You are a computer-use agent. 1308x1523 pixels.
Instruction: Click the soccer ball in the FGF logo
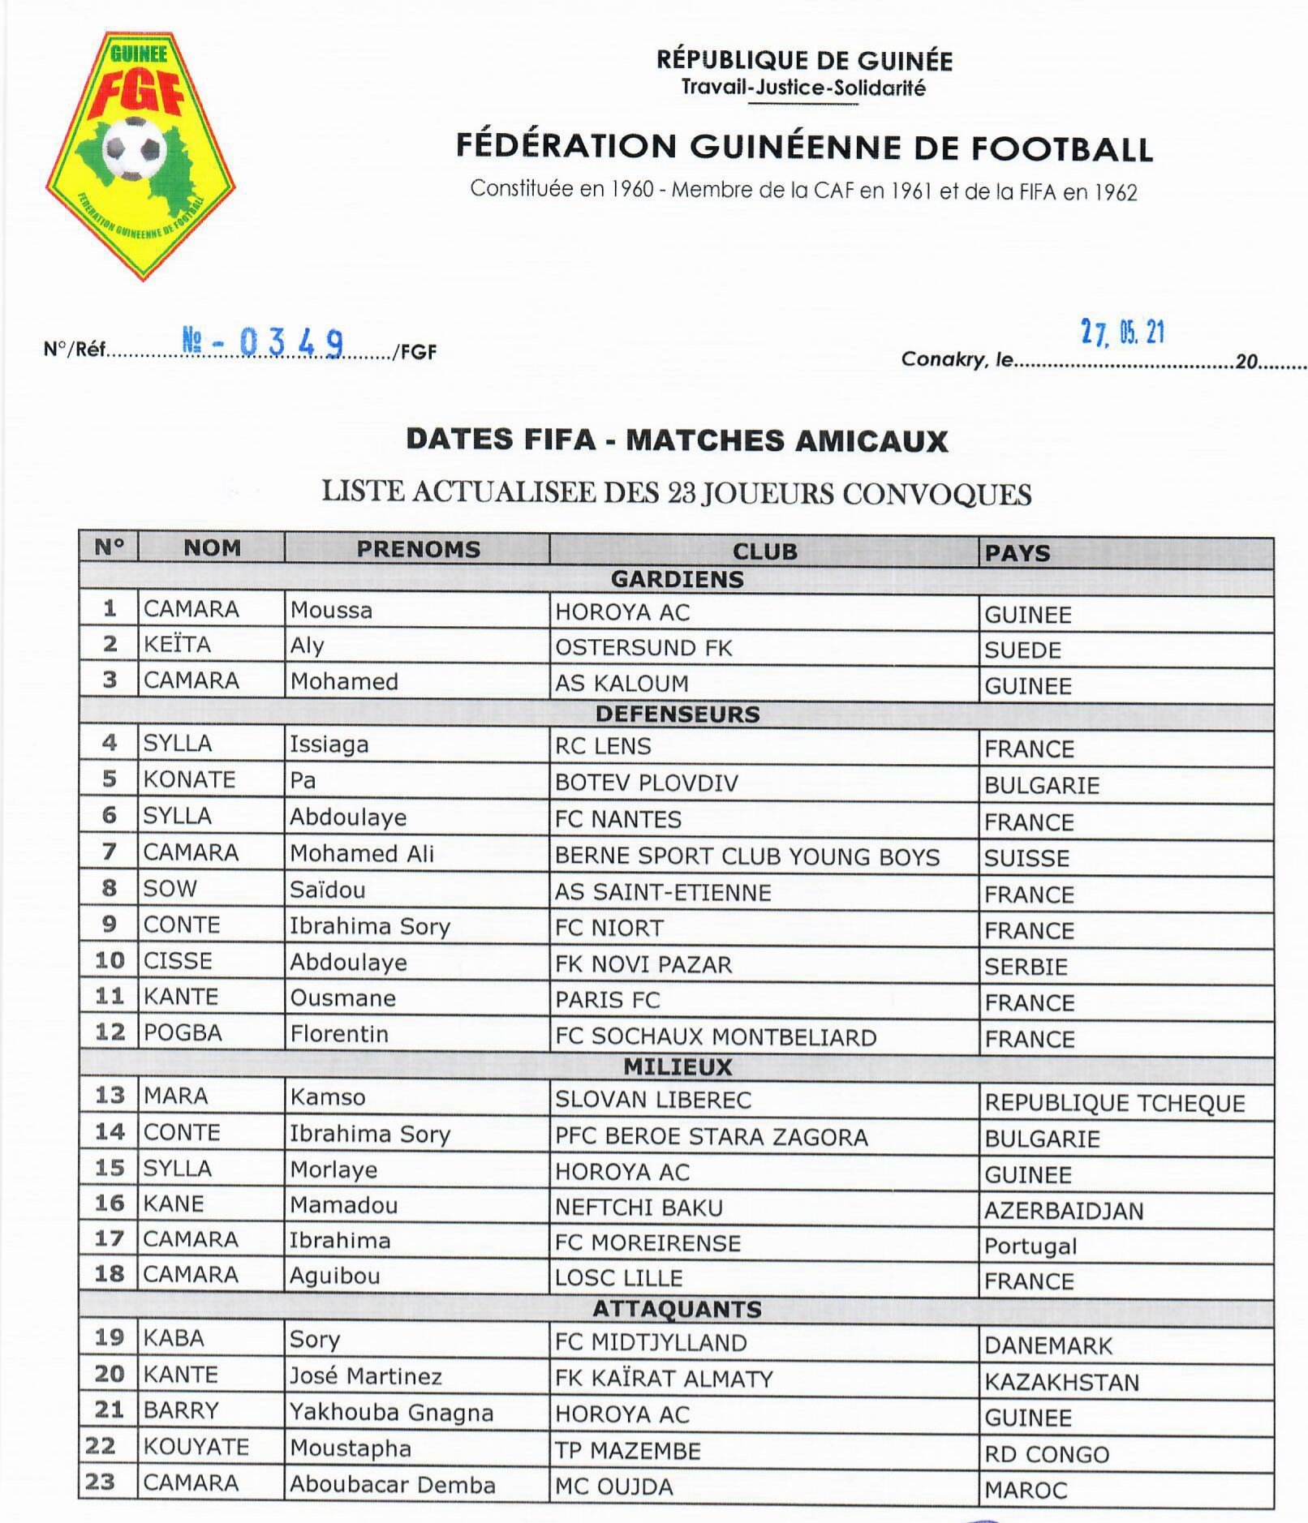tap(134, 148)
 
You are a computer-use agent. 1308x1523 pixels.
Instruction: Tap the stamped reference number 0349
tap(290, 342)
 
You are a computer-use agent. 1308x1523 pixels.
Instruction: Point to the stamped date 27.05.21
tap(1122, 332)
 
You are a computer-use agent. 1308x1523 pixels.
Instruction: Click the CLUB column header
tap(764, 551)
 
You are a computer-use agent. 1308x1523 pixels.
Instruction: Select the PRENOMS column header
tap(418, 549)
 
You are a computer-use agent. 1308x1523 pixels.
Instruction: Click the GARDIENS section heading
tap(677, 579)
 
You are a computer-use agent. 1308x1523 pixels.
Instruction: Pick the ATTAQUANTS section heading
tap(677, 1309)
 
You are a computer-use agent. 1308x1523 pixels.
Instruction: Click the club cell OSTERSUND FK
tap(643, 648)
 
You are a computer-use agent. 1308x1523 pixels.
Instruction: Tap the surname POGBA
tap(183, 1033)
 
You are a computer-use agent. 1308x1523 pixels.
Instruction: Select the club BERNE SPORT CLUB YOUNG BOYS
tap(747, 856)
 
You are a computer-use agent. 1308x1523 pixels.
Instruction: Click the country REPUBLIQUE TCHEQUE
tap(1114, 1103)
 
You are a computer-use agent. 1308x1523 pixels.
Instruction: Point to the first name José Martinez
tap(366, 1376)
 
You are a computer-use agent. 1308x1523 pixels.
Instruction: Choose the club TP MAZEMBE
tap(627, 1451)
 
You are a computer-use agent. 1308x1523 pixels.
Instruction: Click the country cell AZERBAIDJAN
tap(1064, 1211)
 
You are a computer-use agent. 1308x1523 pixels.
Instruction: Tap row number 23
tap(100, 1482)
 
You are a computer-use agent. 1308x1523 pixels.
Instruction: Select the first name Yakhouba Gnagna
tap(391, 1413)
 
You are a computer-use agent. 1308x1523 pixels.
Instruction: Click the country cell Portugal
tap(1030, 1246)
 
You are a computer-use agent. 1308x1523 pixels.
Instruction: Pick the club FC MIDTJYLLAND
tap(651, 1343)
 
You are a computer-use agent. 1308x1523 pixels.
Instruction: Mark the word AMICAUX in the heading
tap(871, 440)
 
